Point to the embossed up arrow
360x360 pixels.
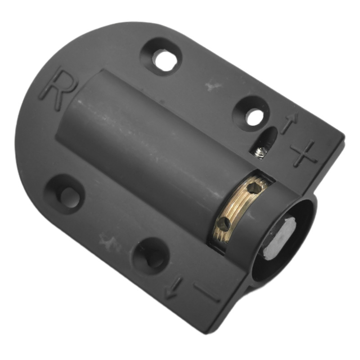point(289,123)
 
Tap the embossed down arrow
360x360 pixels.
point(173,288)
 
